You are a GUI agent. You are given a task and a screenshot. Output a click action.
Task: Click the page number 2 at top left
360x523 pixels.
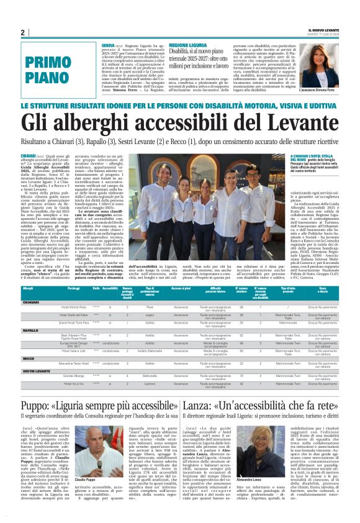(22, 32)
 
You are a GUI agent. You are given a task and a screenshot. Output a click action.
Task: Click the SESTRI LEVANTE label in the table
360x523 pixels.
(37, 371)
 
